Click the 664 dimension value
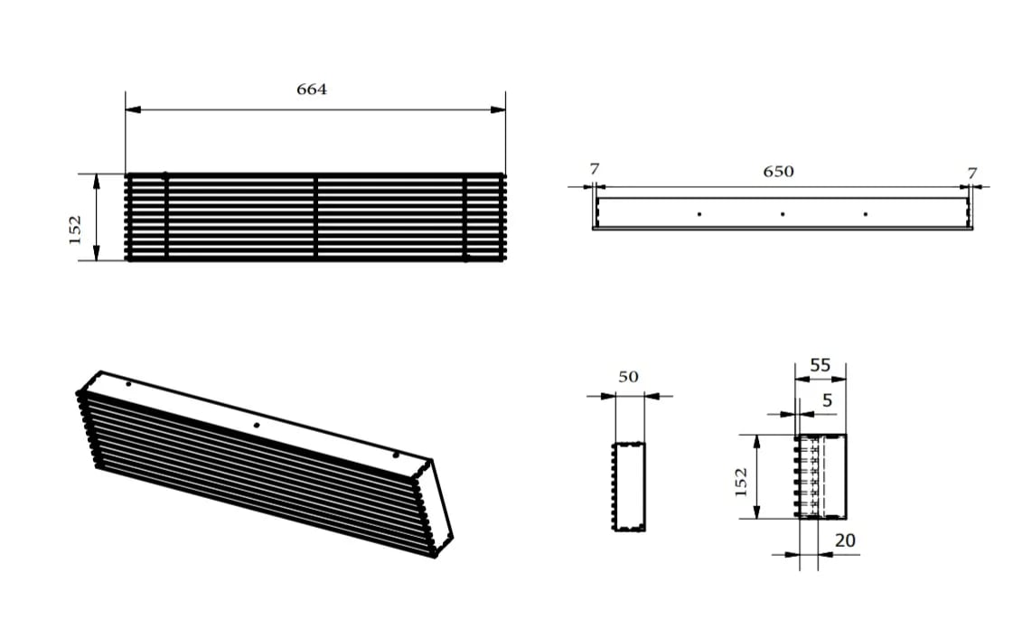pos(312,89)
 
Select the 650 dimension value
pos(778,171)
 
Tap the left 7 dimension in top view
pos(593,169)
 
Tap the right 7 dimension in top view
pos(971,173)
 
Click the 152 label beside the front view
pos(76,229)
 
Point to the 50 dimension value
pos(629,376)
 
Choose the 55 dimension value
pos(820,366)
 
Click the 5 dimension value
pos(827,400)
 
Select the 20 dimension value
pos(845,540)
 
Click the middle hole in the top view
pos(782,214)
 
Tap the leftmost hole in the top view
pos(699,214)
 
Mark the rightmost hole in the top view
pos(865,214)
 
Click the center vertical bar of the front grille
pos(315,217)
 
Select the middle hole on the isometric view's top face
pos(257,425)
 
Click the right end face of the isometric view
pos(442,506)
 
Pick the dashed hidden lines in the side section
pos(817,477)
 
